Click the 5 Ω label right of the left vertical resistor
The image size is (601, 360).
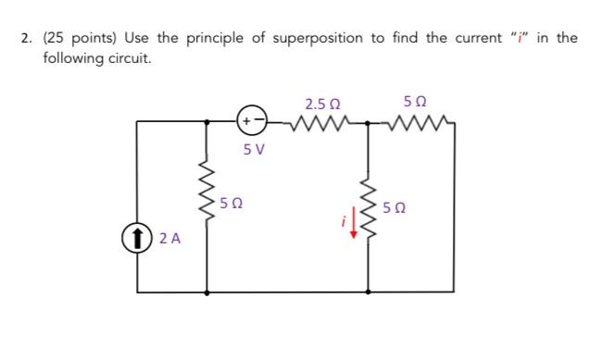(235, 201)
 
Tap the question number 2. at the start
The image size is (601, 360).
(28, 38)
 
